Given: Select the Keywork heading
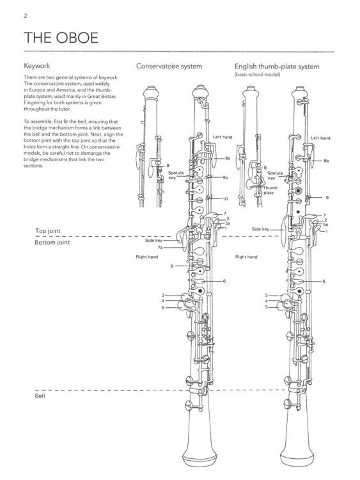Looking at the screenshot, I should [x=36, y=66].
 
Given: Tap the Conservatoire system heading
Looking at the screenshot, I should [x=169, y=66].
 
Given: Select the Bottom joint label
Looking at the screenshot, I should [x=52, y=243].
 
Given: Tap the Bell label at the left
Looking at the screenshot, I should [x=40, y=396].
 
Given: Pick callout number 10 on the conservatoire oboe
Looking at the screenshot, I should [x=226, y=199].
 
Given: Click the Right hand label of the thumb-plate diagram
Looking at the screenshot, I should [x=246, y=257].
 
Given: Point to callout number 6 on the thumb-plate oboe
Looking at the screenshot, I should [x=324, y=281].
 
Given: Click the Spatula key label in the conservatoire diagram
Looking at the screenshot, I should [x=175, y=175].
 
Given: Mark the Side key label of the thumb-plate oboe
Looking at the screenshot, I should [x=260, y=228].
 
